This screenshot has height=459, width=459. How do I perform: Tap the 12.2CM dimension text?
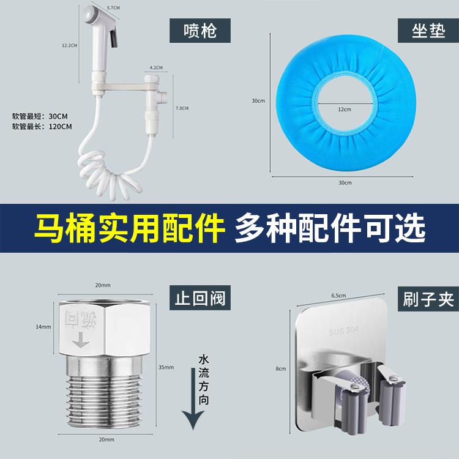point(69,45)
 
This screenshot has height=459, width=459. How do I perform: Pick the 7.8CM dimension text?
point(182,108)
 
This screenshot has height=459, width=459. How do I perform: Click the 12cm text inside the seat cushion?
point(345,109)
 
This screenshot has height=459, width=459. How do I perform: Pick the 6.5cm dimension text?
point(340,295)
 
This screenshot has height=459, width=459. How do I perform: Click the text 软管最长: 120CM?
point(42,127)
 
